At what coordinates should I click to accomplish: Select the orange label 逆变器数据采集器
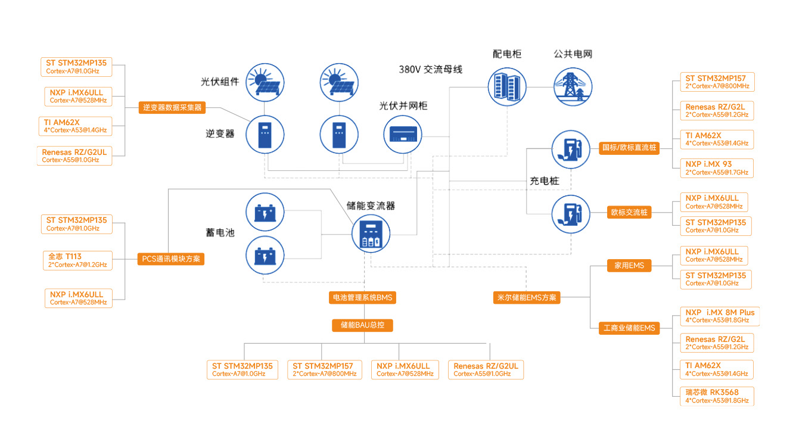(172, 108)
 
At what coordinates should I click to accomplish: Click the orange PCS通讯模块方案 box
(172, 259)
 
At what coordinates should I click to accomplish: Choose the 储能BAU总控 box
(362, 325)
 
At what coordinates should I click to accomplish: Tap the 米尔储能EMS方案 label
(527, 297)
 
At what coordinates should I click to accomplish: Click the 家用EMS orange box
(629, 266)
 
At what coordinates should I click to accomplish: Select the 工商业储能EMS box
(629, 328)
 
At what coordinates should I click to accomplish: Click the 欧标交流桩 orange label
(629, 212)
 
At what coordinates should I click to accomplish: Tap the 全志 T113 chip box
(77, 260)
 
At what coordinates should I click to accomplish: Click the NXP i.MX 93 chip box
(716, 168)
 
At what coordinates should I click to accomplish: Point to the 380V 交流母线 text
(430, 70)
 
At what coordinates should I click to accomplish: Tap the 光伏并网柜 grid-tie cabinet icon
(402, 135)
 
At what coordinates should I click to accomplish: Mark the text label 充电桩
(544, 180)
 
